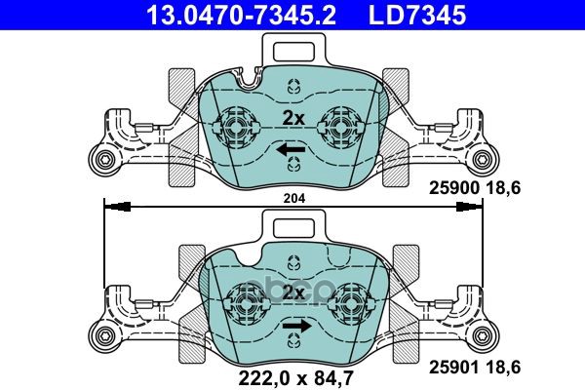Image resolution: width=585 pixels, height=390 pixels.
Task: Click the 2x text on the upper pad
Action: [x=292, y=118]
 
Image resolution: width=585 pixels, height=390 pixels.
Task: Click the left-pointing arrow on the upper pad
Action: [x=291, y=150]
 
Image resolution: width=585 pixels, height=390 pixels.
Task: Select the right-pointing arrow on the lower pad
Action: [x=293, y=327]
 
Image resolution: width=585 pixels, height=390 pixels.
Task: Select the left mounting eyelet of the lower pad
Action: [x=101, y=334]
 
